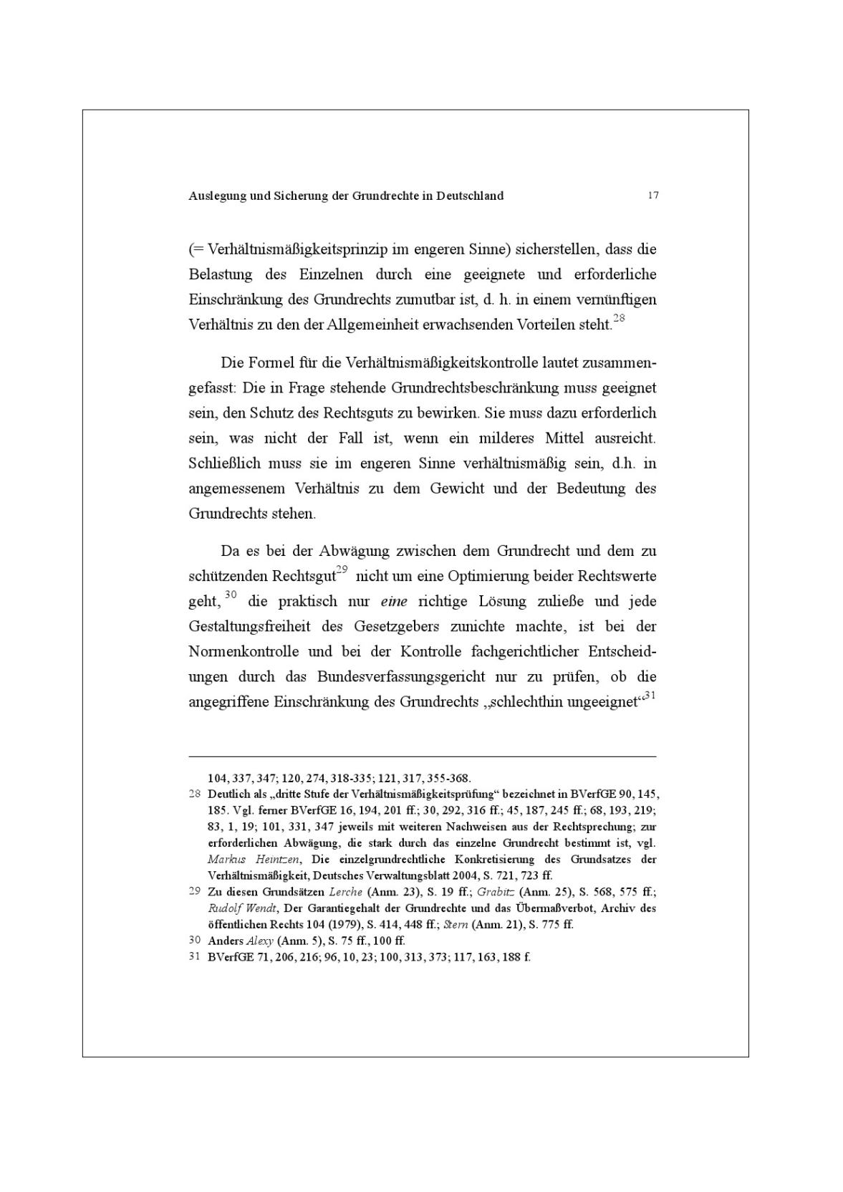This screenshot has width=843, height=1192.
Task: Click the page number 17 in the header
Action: [652, 196]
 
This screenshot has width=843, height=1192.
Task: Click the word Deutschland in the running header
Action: [470, 196]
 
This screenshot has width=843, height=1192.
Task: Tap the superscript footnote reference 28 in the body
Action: [619, 319]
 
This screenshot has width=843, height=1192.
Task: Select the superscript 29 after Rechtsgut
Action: [342, 570]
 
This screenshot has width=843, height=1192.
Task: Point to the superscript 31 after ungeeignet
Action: [650, 695]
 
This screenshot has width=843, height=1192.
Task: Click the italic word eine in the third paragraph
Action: [394, 602]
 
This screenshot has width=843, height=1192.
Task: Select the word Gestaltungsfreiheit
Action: [250, 627]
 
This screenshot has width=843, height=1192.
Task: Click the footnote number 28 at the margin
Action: [194, 794]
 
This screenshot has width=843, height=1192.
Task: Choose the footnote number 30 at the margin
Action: [194, 941]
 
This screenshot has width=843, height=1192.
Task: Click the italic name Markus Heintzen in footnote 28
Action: [254, 859]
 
